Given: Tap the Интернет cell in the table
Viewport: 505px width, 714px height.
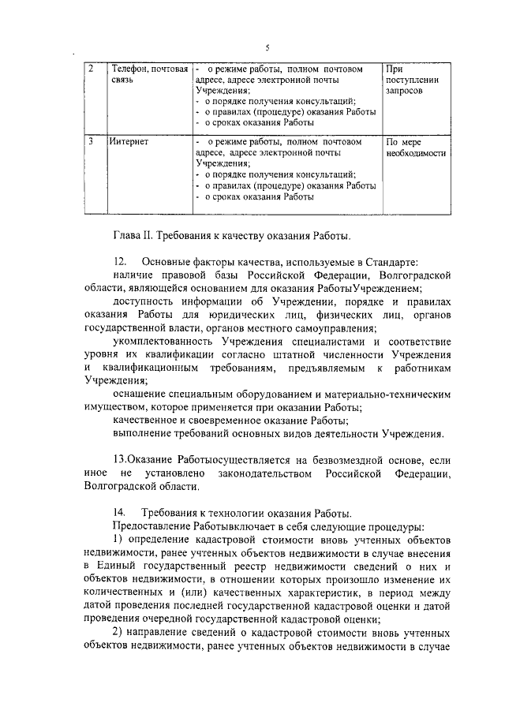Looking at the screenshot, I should pos(130,143).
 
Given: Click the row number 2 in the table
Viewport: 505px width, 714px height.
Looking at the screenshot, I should pos(92,69).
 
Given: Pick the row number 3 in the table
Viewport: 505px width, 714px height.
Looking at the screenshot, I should pos(92,143).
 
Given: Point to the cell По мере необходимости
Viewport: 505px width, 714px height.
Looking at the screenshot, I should pos(416,148).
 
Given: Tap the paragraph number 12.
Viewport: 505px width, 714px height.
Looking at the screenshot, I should pos(120,261).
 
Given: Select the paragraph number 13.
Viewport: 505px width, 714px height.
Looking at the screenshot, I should pos(119,459).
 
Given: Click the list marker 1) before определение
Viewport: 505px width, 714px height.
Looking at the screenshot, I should pos(120,540).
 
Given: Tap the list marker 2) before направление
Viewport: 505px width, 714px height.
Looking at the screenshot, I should pos(120,634).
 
